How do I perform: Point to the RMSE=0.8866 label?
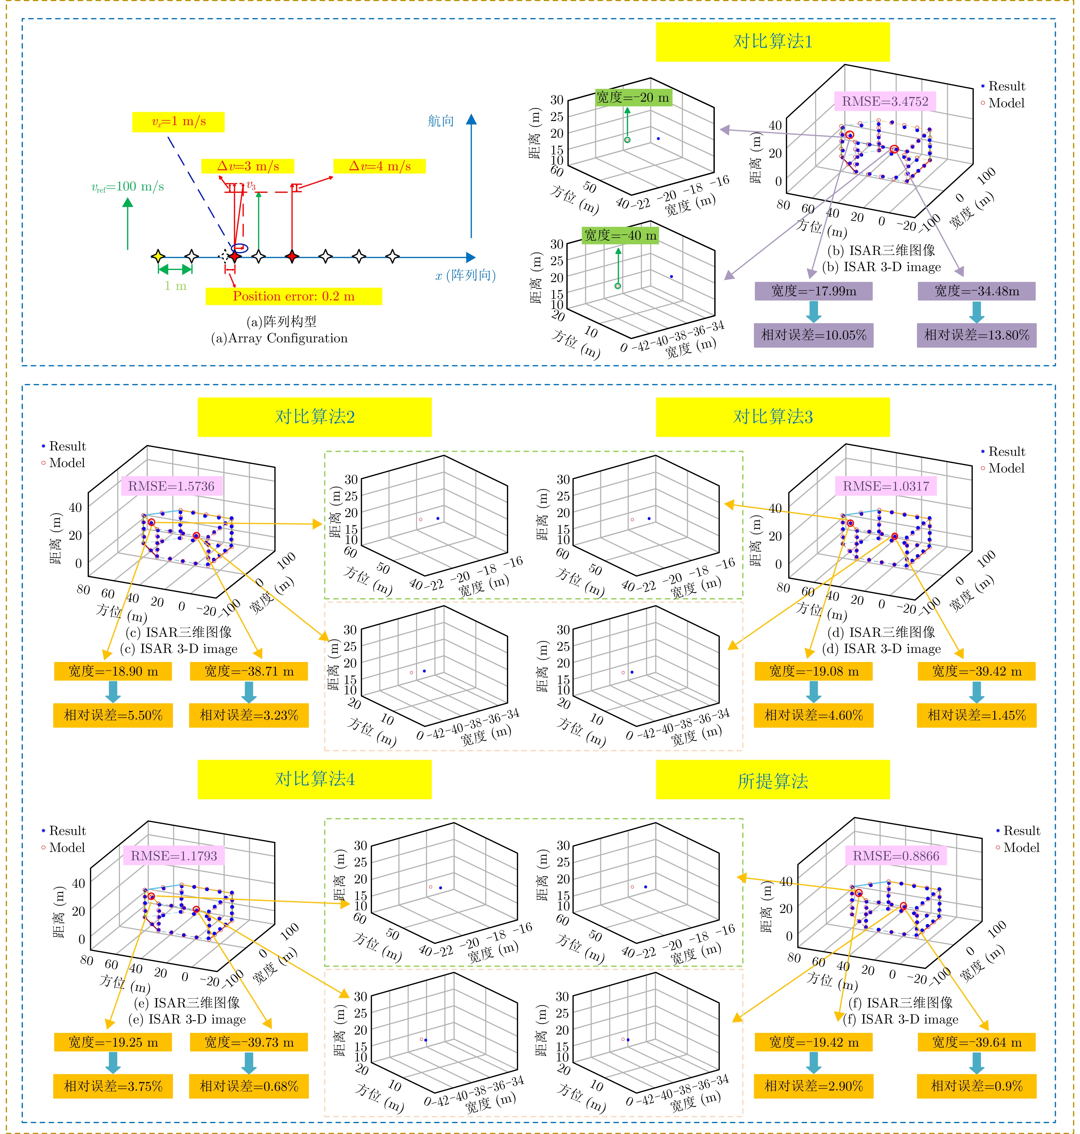point(896,856)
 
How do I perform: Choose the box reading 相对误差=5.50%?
point(113,716)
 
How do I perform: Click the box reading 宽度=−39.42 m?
point(976,671)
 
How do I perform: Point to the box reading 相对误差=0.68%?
point(249,1086)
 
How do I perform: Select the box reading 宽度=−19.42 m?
point(813,1042)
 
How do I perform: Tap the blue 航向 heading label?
point(441,121)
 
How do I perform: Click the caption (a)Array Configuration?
point(279,338)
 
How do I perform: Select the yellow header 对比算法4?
point(314,779)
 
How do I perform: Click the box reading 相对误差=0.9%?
point(976,1086)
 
